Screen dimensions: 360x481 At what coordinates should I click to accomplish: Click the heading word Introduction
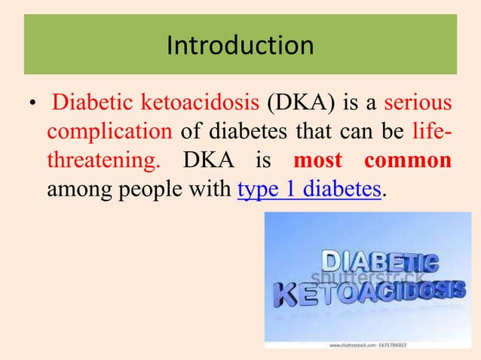pyautogui.click(x=240, y=46)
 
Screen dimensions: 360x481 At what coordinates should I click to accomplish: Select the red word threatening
pyautogui.click(x=92, y=161)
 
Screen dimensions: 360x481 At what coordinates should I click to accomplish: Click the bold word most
pyautogui.click(x=317, y=161)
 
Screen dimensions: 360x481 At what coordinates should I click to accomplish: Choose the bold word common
pyautogui.click(x=408, y=161)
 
